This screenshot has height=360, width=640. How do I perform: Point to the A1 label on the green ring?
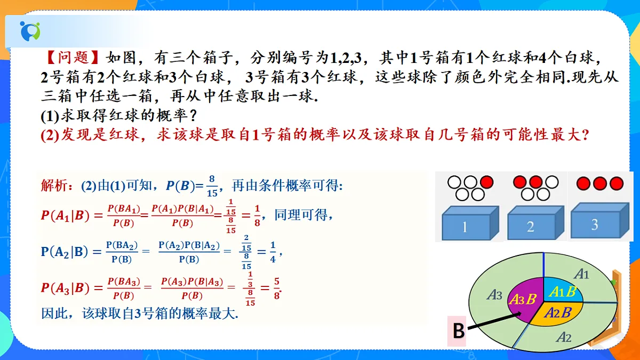(x=582, y=274)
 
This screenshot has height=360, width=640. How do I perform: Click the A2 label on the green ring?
(x=564, y=337)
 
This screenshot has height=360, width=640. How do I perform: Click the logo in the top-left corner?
(x=30, y=31)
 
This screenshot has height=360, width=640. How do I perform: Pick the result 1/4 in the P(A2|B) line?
(x=273, y=252)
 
